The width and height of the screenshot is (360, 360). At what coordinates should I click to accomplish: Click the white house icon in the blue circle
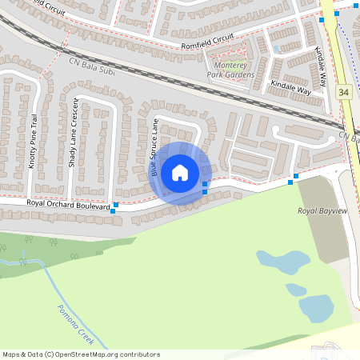180,172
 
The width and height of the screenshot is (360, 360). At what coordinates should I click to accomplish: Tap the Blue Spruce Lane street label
155,149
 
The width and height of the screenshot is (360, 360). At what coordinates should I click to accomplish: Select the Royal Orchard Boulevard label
67,204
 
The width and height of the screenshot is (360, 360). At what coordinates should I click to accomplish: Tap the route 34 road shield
342,93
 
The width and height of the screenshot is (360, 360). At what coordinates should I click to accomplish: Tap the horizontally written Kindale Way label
290,84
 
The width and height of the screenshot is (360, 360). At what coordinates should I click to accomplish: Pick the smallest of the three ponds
296,289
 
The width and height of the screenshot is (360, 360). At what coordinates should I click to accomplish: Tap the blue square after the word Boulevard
116,206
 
